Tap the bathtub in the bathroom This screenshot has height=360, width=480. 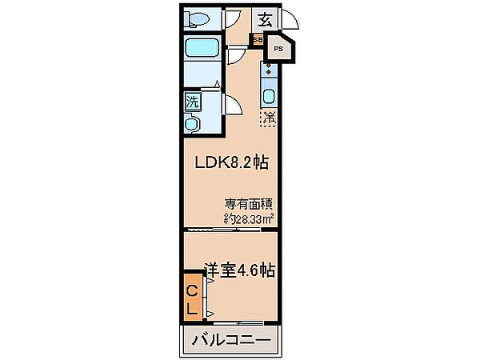tap(202, 47)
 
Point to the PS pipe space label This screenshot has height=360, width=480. tap(278, 49)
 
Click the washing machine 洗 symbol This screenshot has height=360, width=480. tap(193, 102)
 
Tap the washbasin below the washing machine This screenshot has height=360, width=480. tap(192, 123)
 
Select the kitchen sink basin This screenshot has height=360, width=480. tap(269, 96)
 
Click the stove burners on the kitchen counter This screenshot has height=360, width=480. tap(269, 69)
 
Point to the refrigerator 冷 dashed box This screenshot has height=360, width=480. tap(269, 118)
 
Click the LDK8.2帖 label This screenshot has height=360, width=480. tap(232, 163)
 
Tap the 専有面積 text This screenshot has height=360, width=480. tap(249, 204)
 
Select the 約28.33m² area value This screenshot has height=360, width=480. tap(249, 218)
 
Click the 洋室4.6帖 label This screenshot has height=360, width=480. tap(240, 270)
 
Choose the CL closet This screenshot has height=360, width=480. tap(193, 298)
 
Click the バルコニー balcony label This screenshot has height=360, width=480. tap(231, 340)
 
